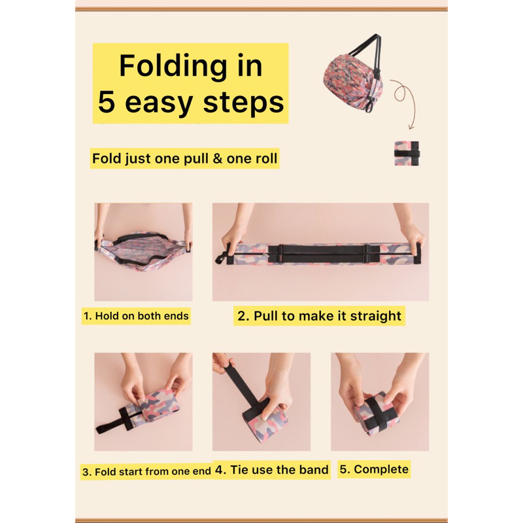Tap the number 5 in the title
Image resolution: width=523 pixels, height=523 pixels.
[x=107, y=102]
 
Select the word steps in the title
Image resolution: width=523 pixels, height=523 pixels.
[x=243, y=103]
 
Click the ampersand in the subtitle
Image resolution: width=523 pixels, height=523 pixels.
[x=218, y=158]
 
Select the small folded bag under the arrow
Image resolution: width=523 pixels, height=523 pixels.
[x=407, y=153]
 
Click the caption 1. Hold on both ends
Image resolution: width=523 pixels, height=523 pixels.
[x=136, y=316]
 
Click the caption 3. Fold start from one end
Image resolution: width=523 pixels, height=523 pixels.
[x=146, y=471]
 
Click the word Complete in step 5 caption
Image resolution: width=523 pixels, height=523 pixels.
[x=381, y=469]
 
